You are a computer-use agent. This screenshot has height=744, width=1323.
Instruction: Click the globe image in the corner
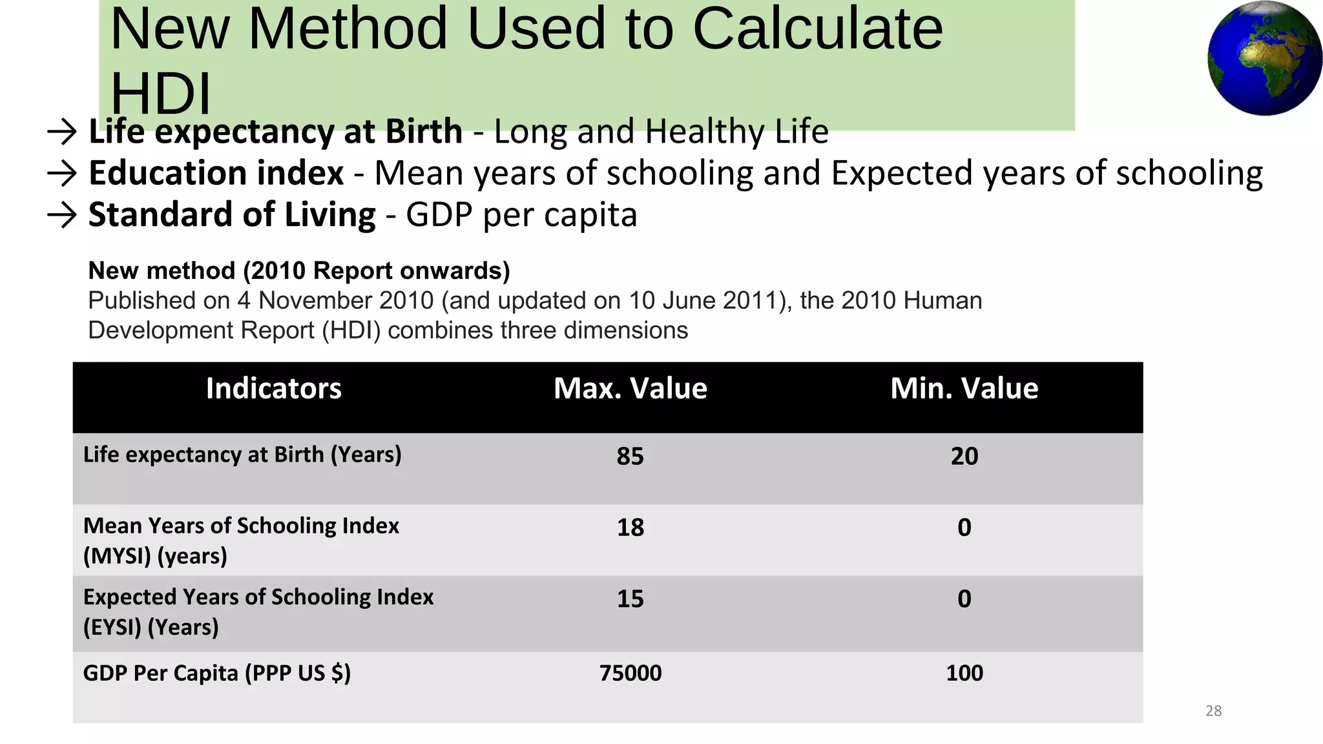tap(1264, 59)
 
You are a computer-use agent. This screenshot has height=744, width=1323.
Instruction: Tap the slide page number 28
tap(1213, 711)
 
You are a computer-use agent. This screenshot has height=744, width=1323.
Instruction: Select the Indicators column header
tap(273, 389)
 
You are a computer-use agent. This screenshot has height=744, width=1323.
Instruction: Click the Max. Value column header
tap(630, 389)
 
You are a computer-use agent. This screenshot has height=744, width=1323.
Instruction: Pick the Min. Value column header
tap(964, 389)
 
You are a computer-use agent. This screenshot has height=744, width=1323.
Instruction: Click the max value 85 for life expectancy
tap(630, 457)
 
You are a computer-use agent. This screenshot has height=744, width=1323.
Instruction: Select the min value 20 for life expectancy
tap(964, 457)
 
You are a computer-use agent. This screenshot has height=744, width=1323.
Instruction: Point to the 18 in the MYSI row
tap(630, 528)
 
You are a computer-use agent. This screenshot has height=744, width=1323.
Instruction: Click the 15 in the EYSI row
tap(630, 599)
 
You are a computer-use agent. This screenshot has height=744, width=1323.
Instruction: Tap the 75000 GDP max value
tap(630, 673)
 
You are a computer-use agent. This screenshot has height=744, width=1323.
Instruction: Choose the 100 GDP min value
tap(964, 673)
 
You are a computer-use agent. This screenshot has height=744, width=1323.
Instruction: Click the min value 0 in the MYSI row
tap(964, 528)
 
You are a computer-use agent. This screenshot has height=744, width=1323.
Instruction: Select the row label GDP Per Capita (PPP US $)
tap(216, 673)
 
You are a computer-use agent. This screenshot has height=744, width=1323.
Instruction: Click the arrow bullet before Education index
tap(62, 173)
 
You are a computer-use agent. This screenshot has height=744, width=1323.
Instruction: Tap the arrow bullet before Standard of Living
tap(62, 214)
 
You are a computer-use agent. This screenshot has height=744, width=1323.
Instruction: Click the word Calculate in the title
tap(817, 29)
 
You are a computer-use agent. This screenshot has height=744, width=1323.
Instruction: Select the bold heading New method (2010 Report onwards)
tap(298, 271)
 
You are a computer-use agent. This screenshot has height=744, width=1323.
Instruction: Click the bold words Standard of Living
tap(231, 214)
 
